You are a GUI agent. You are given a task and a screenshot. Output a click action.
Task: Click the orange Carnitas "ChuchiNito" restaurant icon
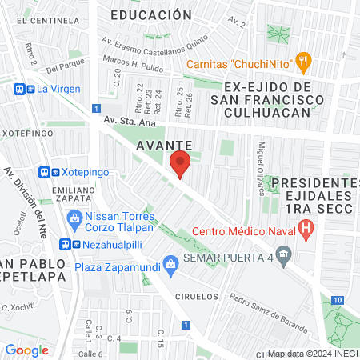coord(302,59)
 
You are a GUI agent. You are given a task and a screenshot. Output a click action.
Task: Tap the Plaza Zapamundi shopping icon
coord(170,262)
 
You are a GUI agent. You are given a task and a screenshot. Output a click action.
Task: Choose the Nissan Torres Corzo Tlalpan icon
coord(74,217)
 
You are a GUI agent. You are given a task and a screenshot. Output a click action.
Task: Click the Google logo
coord(27,350)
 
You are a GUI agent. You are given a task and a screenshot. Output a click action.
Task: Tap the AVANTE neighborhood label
coord(163,145)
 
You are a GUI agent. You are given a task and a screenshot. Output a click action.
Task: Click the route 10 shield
coord(340,299)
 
